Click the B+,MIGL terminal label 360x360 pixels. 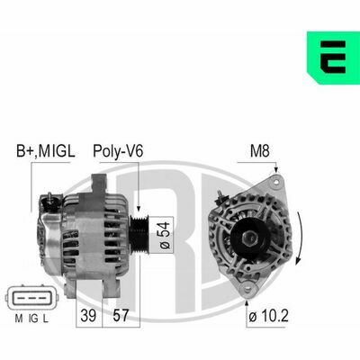(x=46, y=151)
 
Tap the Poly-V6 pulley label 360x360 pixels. (x=118, y=151)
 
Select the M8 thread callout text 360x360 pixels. (x=260, y=151)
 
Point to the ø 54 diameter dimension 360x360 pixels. (x=165, y=236)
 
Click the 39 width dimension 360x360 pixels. (x=88, y=315)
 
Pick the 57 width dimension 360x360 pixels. (x=121, y=315)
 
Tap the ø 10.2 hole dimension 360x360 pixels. (x=268, y=316)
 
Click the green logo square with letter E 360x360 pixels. (x=333, y=58)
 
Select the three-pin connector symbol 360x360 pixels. (x=32, y=298)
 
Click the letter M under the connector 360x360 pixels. (x=19, y=319)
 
